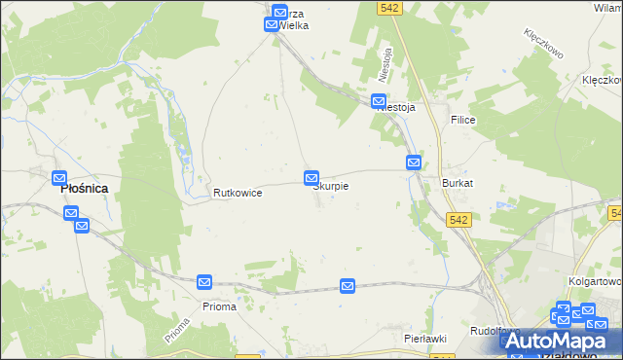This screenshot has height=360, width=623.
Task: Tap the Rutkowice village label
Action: point(238,193)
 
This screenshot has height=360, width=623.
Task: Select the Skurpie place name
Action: point(331,185)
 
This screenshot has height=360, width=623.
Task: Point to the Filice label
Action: point(461,119)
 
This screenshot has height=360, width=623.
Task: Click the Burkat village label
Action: point(458,183)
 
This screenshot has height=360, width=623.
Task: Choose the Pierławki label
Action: point(425,338)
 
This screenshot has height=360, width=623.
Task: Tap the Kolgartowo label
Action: point(594,280)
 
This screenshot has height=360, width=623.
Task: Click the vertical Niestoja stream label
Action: point(386,64)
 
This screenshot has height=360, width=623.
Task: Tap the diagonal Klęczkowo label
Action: point(546,44)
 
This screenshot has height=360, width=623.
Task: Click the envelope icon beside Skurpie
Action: point(311,178)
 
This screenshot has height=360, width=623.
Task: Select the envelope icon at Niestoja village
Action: point(380,100)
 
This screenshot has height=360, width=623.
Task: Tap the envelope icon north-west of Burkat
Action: point(414,162)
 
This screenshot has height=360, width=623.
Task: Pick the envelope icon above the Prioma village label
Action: point(204,282)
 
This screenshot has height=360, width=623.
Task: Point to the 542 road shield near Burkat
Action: point(460,220)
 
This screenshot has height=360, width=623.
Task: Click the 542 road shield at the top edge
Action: point(390,8)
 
